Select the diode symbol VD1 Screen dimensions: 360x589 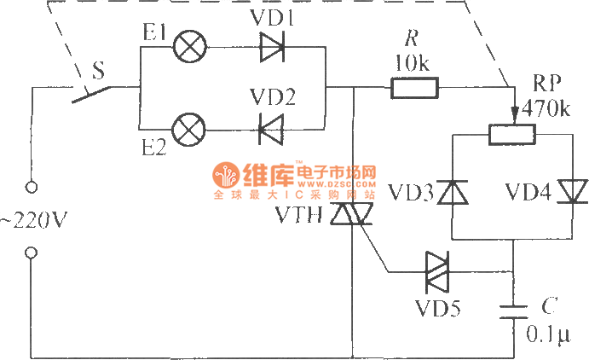pos(272,47)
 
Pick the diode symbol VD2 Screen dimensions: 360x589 pos(272,130)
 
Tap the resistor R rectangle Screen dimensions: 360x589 pos(414,87)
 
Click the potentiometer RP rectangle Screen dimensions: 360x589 pos(511,133)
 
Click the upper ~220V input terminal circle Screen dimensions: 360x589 pos(32,186)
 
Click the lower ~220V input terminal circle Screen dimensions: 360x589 pos(32,252)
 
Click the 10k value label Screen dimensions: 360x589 pos(413,62)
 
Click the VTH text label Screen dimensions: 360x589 pos(297,216)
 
